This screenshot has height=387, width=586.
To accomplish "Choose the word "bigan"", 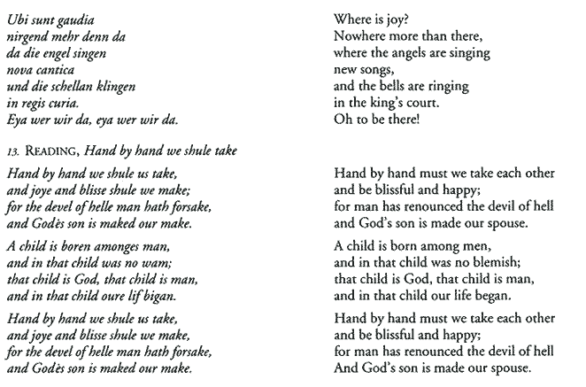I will [x=163, y=295].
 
